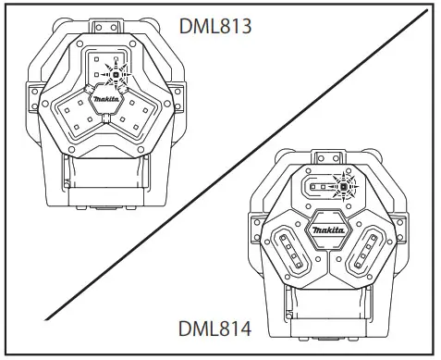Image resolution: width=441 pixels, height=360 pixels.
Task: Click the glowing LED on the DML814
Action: [x=343, y=187]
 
